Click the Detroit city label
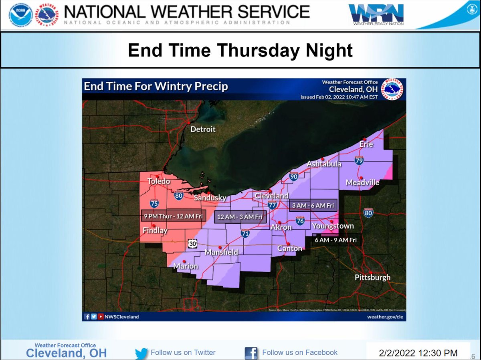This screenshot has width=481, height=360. point(203,129)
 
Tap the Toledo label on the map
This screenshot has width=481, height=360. point(158,182)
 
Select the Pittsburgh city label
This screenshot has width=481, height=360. point(372,277)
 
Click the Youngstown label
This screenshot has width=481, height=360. point(333,226)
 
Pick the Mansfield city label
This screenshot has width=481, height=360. point(221,252)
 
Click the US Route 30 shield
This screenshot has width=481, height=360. point(192,244)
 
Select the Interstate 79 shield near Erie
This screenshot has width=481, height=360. point(359,161)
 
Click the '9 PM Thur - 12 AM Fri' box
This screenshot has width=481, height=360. point(174,216)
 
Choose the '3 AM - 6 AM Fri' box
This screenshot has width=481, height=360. point(313,205)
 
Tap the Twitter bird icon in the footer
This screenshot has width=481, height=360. point(141,353)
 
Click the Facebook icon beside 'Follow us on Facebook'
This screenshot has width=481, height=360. point(251,353)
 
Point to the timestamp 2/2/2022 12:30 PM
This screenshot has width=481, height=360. point(418,353)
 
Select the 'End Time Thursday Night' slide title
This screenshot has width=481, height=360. point(240,51)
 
